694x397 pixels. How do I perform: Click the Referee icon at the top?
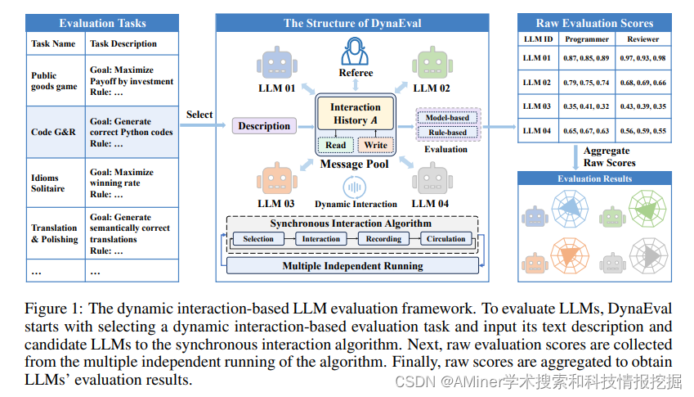(x=356, y=52)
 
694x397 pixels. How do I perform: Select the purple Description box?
(x=264, y=126)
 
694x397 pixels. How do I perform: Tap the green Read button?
(x=335, y=146)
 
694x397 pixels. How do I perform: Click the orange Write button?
(x=375, y=146)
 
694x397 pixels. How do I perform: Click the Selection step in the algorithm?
(x=258, y=239)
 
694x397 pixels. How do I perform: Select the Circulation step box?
(x=446, y=239)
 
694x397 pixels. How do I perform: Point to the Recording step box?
(x=383, y=239)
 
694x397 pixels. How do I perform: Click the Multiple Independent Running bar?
(x=352, y=266)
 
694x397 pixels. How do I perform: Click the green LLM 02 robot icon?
(x=431, y=63)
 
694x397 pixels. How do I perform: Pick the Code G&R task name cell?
(x=54, y=132)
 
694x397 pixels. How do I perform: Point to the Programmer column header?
(x=587, y=38)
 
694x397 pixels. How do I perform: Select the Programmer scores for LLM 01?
(x=587, y=59)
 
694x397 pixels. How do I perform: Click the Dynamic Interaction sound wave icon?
(x=356, y=186)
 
